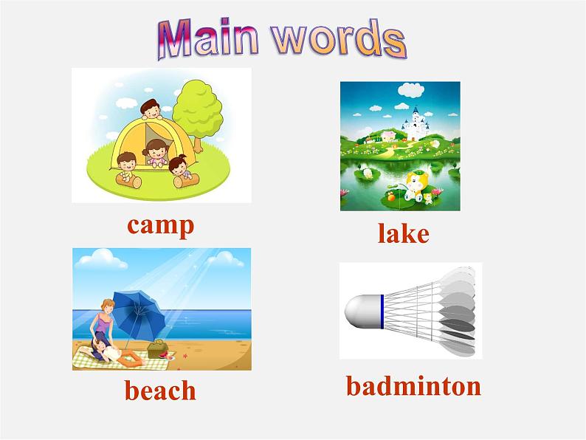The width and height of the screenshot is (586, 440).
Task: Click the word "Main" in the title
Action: coord(208,39)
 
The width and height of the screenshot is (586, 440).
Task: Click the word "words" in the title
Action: coord(339,38)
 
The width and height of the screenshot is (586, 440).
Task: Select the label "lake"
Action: coord(403,233)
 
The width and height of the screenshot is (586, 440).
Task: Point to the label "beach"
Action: coord(160,390)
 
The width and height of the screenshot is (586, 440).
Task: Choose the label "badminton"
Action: coord(414,385)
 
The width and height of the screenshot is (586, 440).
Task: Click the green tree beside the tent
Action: coord(198,112)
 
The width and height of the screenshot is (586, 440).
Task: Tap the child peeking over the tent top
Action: coord(151,109)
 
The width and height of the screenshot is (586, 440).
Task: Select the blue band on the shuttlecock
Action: coord(382,312)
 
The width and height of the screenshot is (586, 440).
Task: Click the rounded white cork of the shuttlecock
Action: coord(362,312)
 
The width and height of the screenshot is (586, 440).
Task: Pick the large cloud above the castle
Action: coord(411,90)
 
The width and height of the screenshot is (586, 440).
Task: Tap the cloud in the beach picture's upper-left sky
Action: coord(100,259)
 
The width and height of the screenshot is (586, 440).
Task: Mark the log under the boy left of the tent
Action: coord(129,180)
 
